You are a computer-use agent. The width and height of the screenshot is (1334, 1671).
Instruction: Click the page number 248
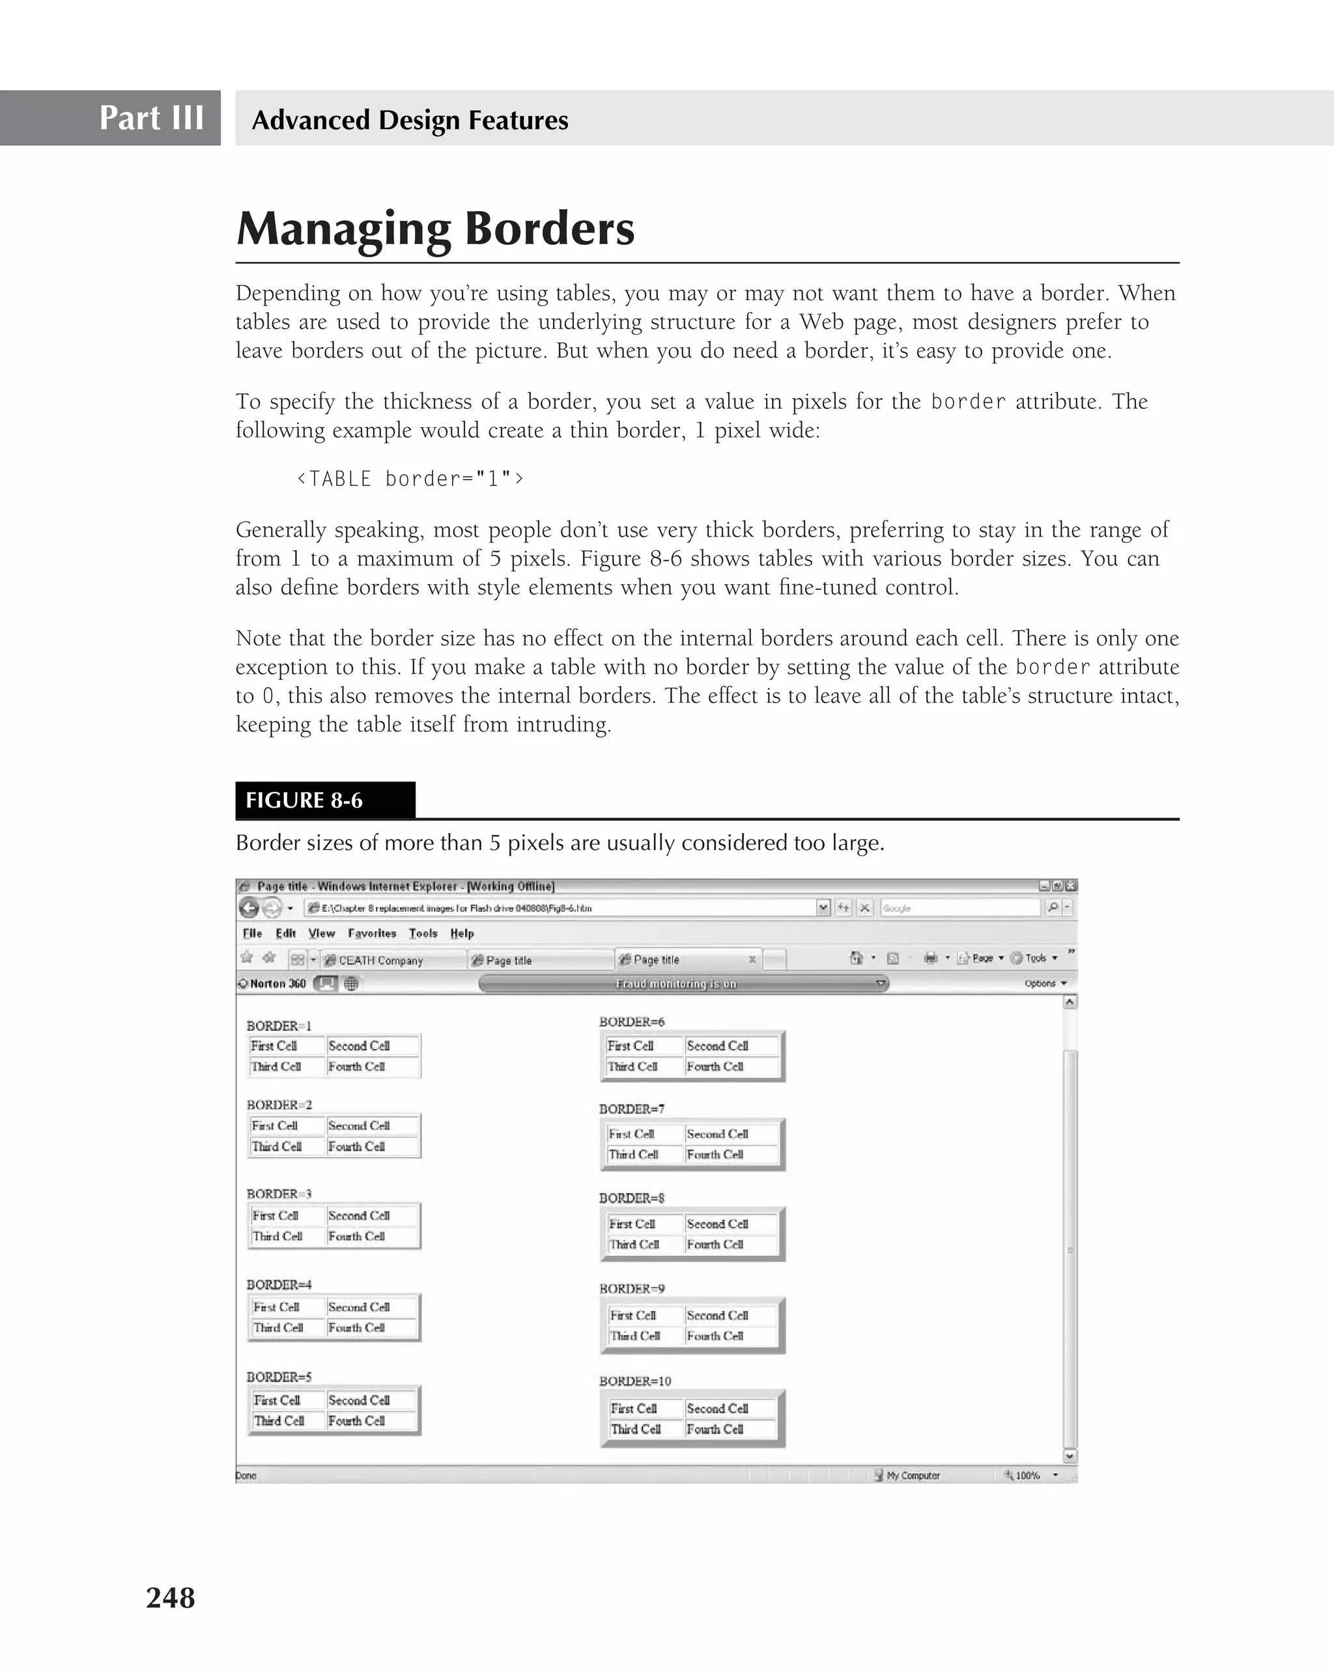pyautogui.click(x=171, y=1597)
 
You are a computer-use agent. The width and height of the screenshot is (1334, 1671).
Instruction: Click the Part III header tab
pyautogui.click(x=151, y=118)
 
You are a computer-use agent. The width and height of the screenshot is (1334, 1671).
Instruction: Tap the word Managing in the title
pyautogui.click(x=343, y=229)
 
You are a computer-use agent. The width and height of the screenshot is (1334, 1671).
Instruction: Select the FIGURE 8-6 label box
pyautogui.click(x=325, y=800)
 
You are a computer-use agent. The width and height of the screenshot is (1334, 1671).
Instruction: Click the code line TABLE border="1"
pyautogui.click(x=410, y=479)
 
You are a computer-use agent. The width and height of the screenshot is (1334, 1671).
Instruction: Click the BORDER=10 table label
pyautogui.click(x=635, y=1381)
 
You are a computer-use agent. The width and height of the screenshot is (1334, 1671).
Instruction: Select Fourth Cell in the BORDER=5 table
pyautogui.click(x=356, y=1421)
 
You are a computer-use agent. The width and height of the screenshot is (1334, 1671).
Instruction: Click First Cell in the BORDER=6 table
pyautogui.click(x=630, y=1046)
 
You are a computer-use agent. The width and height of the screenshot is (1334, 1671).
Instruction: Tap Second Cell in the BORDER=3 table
pyautogui.click(x=358, y=1215)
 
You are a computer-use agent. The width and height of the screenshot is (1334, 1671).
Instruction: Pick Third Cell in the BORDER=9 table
pyautogui.click(x=635, y=1336)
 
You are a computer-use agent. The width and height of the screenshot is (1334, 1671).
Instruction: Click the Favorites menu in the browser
pyautogui.click(x=371, y=933)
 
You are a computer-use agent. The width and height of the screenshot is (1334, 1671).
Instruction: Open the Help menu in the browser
pyautogui.click(x=461, y=933)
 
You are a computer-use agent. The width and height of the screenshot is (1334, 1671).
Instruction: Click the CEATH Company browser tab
pyautogui.click(x=380, y=961)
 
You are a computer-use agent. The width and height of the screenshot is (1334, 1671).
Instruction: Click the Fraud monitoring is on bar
pyautogui.click(x=675, y=983)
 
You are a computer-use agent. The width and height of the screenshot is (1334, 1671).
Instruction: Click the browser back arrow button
pyautogui.click(x=249, y=908)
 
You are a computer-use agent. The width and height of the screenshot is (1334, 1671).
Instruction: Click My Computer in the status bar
pyautogui.click(x=913, y=1475)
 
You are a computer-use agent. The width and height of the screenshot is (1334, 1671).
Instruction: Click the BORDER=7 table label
pyautogui.click(x=631, y=1108)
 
